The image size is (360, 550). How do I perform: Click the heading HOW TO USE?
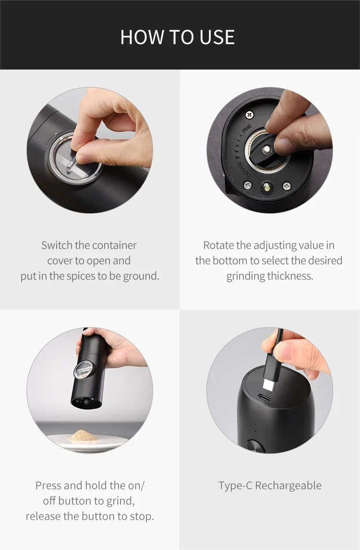[177, 37]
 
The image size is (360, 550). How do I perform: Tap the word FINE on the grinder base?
[247, 130]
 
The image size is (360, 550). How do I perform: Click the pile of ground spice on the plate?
[84, 436]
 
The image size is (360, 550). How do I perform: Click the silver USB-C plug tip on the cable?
[268, 384]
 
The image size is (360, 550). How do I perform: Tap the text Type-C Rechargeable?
[270, 485]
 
